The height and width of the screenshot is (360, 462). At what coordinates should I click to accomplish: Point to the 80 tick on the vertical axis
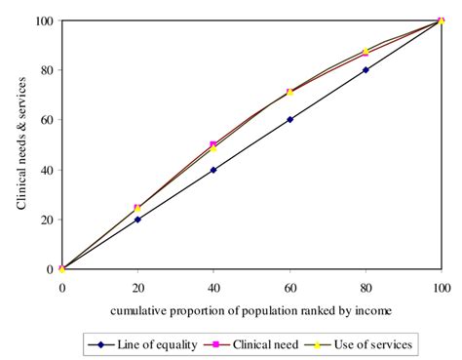click(x=44, y=70)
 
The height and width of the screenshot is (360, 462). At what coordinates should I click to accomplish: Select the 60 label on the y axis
click(x=44, y=120)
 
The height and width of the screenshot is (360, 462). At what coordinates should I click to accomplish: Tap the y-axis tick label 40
click(x=44, y=170)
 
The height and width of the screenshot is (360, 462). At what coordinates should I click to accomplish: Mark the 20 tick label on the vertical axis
click(x=44, y=220)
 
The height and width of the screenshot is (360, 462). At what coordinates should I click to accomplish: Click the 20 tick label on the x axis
click(x=137, y=288)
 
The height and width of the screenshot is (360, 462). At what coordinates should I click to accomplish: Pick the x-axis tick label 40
click(x=213, y=288)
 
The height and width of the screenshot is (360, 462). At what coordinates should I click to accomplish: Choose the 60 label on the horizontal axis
click(x=289, y=288)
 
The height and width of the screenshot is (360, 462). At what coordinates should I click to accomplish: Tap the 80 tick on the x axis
click(x=366, y=288)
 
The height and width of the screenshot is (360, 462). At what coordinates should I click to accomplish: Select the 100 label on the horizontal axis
click(x=441, y=288)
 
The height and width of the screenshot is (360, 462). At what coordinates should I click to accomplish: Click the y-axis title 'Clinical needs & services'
click(x=20, y=144)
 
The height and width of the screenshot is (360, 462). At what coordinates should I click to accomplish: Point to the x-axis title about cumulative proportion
click(x=251, y=311)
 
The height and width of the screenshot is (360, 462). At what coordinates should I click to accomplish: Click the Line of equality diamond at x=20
click(x=137, y=220)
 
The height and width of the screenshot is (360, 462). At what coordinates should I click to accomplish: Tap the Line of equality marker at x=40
click(x=213, y=170)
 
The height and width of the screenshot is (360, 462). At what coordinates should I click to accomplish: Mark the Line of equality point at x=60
click(x=289, y=120)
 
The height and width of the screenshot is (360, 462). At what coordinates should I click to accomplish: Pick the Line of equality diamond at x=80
click(x=366, y=70)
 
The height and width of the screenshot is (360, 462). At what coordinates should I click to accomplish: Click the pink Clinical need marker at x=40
click(x=213, y=144)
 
